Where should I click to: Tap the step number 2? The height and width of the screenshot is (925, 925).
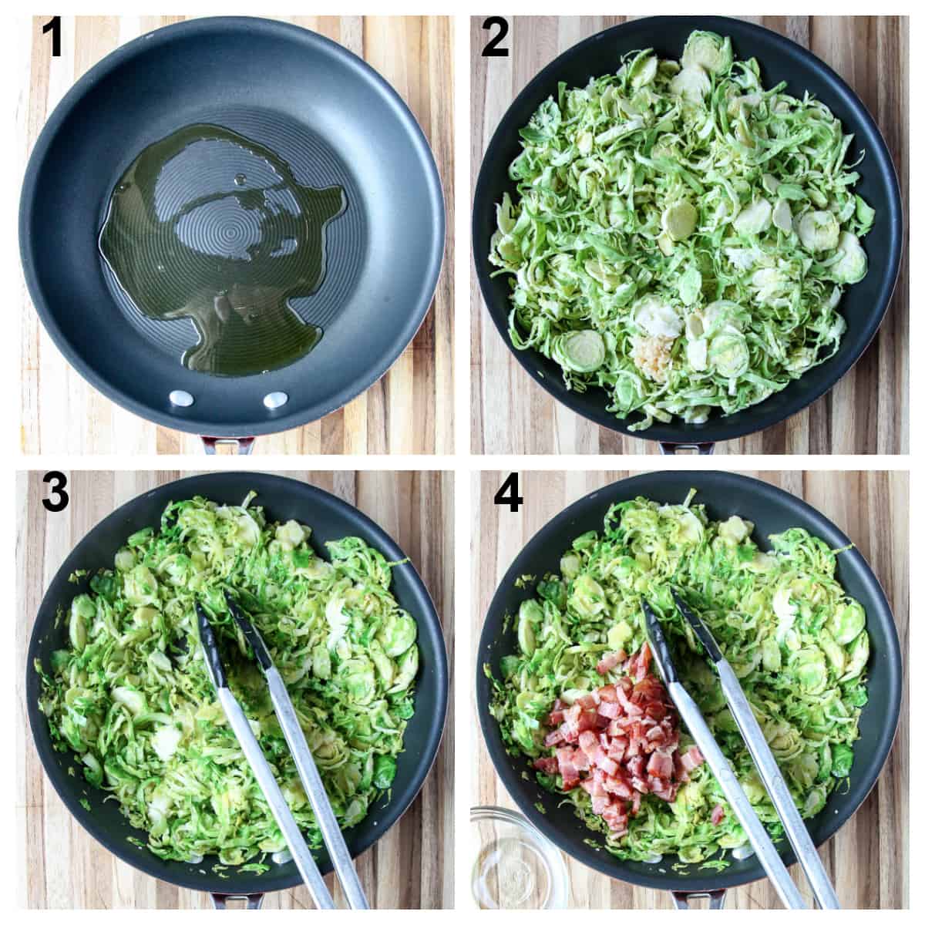point(494,39)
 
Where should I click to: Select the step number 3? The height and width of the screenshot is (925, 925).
point(55,494)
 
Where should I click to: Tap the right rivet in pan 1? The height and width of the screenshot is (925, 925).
point(274,400)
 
